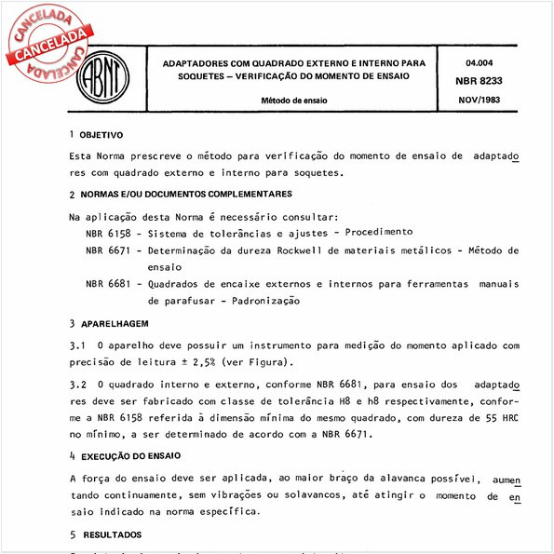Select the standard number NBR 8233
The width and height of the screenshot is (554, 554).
[479, 81]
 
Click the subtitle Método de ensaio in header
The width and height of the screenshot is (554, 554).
[293, 100]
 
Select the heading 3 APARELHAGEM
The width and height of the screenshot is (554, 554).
[109, 323]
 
